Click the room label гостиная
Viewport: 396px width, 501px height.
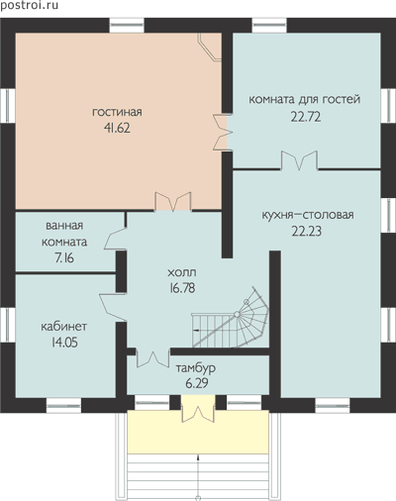pos(117,112)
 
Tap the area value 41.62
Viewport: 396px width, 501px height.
pos(117,128)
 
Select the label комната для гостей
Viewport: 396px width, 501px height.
pos(304,99)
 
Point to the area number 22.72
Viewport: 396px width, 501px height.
pos(306,117)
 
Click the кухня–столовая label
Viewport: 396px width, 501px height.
pos(308,215)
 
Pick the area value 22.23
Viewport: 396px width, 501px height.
pos(307,231)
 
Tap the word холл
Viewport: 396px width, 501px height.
pos(182,272)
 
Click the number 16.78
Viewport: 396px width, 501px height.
pos(182,288)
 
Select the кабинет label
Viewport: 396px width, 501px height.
pos(64,327)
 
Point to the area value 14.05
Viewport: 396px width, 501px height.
pos(64,343)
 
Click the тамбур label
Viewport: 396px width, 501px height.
pos(196,368)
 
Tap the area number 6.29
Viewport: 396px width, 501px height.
pos(197,383)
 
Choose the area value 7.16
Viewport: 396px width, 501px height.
pos(64,257)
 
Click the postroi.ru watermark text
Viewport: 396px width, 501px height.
pos(29,5)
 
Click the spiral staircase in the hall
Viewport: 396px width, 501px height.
pos(231,317)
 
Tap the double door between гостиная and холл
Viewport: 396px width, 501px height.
pos(173,201)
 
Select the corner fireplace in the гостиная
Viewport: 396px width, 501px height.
pos(209,47)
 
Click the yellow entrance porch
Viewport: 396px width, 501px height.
pos(198,432)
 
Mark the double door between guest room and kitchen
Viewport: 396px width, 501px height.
pos(299,160)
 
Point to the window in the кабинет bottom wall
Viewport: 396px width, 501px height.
pos(63,406)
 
